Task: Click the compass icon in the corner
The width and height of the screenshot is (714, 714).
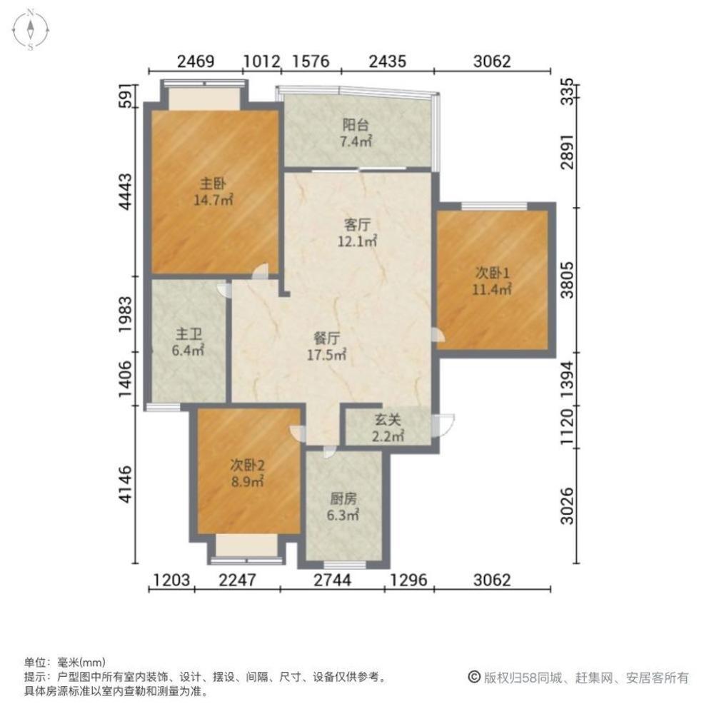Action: click(33, 30)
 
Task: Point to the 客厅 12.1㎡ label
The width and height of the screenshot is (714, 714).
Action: click(356, 233)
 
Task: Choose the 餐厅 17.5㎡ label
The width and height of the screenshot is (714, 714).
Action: click(329, 346)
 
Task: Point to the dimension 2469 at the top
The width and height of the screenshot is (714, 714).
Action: click(196, 61)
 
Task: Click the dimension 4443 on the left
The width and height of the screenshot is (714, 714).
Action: click(126, 191)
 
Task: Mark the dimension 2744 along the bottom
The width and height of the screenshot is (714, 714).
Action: click(332, 580)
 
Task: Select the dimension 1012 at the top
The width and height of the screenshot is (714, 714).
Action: click(261, 61)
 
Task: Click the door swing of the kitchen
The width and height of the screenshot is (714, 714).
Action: click(328, 451)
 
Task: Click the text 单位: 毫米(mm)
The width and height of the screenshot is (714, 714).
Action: click(65, 662)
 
